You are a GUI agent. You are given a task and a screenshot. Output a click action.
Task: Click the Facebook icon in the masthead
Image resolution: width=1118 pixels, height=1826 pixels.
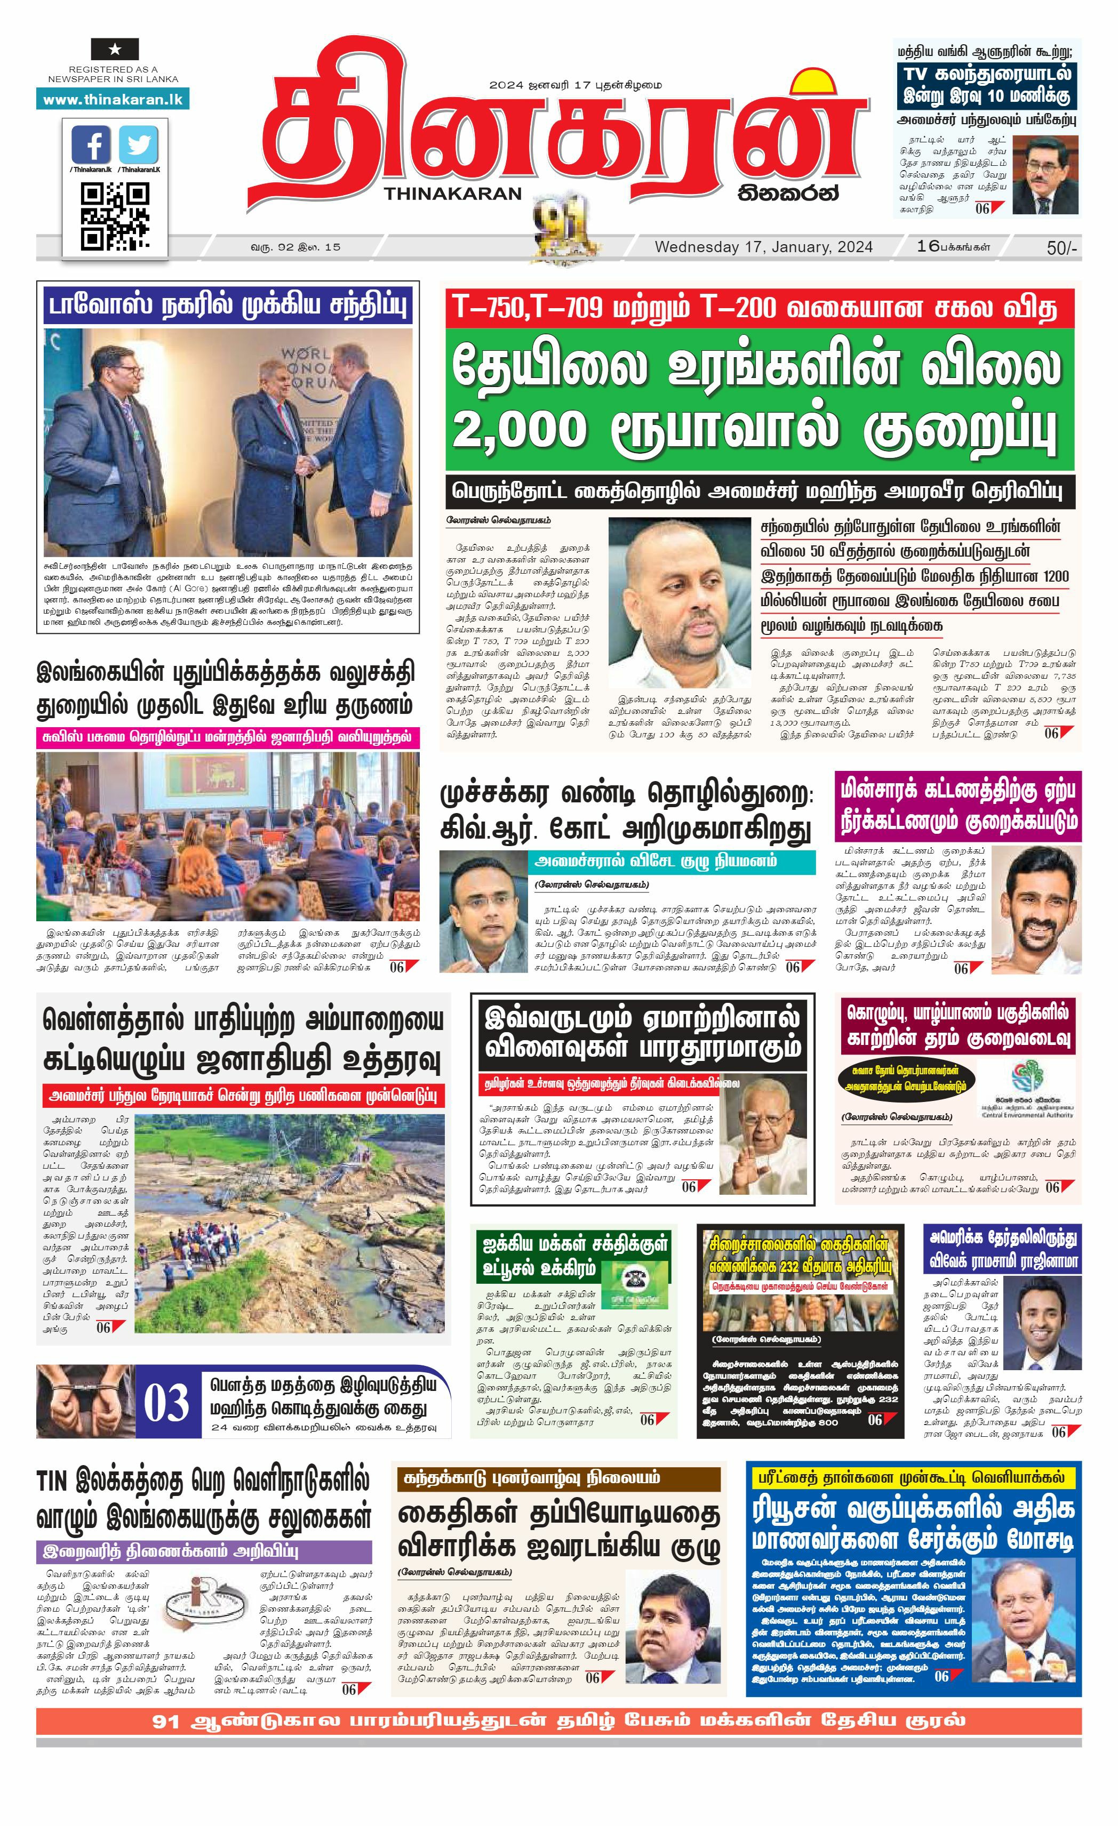(91, 144)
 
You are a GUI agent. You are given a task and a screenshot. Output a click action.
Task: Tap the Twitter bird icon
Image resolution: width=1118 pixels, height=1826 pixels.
(138, 144)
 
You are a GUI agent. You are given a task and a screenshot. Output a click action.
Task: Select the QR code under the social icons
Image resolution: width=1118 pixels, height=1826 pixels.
(114, 215)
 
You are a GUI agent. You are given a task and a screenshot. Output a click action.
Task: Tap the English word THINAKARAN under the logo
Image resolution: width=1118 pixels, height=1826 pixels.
(453, 194)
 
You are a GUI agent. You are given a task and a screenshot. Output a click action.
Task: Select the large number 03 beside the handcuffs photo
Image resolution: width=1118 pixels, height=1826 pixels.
(167, 1403)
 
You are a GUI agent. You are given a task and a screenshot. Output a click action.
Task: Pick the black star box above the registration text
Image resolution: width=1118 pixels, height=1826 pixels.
(114, 50)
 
